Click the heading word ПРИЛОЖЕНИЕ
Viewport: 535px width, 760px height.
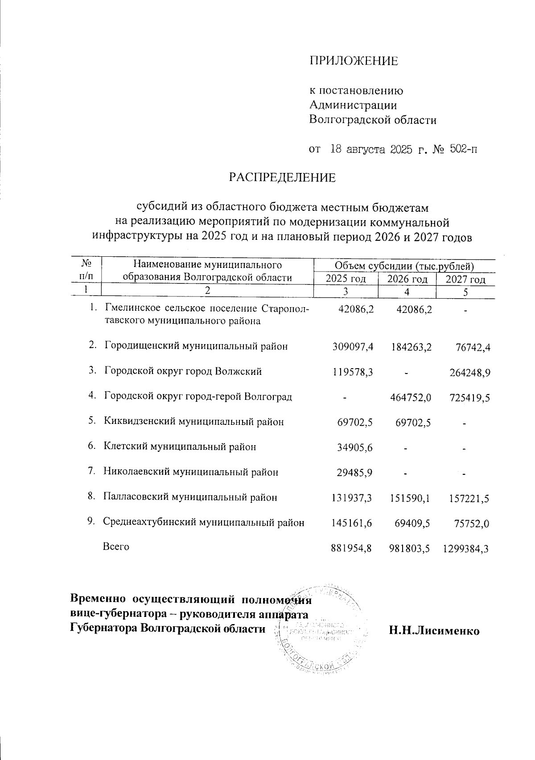click(354, 62)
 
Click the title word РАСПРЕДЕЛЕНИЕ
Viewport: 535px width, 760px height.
click(282, 178)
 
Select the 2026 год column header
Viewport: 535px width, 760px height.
click(406, 279)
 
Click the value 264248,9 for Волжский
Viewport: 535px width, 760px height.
click(470, 372)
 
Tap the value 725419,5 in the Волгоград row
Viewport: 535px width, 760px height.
click(470, 397)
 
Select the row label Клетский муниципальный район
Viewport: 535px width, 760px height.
click(180, 447)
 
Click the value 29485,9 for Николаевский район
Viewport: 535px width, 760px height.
click(354, 472)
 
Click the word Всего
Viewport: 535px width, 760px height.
click(116, 546)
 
